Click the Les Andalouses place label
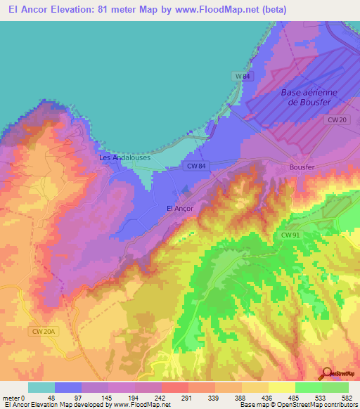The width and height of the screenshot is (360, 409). point(124,158)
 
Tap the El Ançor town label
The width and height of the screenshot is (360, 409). point(179,208)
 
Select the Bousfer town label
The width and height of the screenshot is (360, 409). point(303,167)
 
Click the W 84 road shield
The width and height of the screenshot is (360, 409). point(241,74)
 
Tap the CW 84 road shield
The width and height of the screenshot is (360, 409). point(196,166)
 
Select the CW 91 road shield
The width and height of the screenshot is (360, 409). point(290,235)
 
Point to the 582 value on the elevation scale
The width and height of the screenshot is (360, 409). point(347,398)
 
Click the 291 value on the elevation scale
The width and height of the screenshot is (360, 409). point(188,398)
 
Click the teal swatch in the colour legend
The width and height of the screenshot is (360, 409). point(41,387)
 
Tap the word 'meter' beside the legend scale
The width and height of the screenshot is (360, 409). point(11,398)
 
